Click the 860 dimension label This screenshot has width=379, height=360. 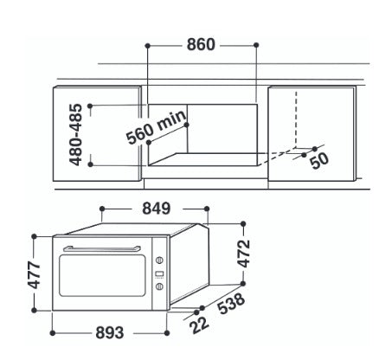coord(201,45)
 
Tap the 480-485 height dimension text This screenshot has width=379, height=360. coord(76,135)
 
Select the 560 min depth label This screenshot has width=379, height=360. coord(157,127)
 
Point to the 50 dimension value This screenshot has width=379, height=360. coord(319,160)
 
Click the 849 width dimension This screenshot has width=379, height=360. coord(157,209)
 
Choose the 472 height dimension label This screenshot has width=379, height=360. coord(243,254)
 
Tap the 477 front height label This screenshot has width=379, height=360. coord(34,274)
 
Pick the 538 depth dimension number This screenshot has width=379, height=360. coord(232,304)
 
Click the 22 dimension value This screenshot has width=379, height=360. coord(199,325)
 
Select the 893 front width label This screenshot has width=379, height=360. coord(110,332)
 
